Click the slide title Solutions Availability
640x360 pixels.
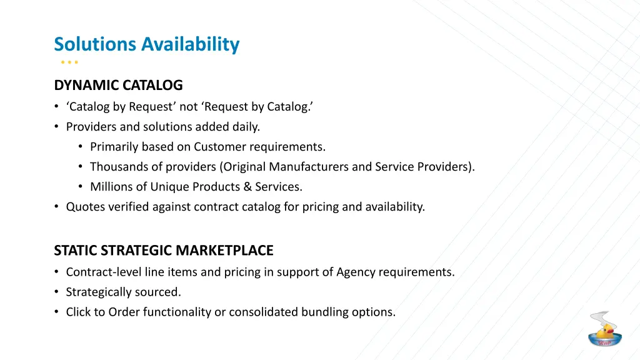pyautogui.click(x=146, y=44)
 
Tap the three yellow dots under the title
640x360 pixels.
pyautogui.click(x=69, y=62)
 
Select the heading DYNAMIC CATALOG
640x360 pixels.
pyautogui.click(x=118, y=85)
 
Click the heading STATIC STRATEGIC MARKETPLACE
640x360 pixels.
pyautogui.click(x=164, y=251)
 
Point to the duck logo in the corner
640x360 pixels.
pyautogui.click(x=604, y=329)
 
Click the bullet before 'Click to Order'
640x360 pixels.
pyautogui.click(x=57, y=312)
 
